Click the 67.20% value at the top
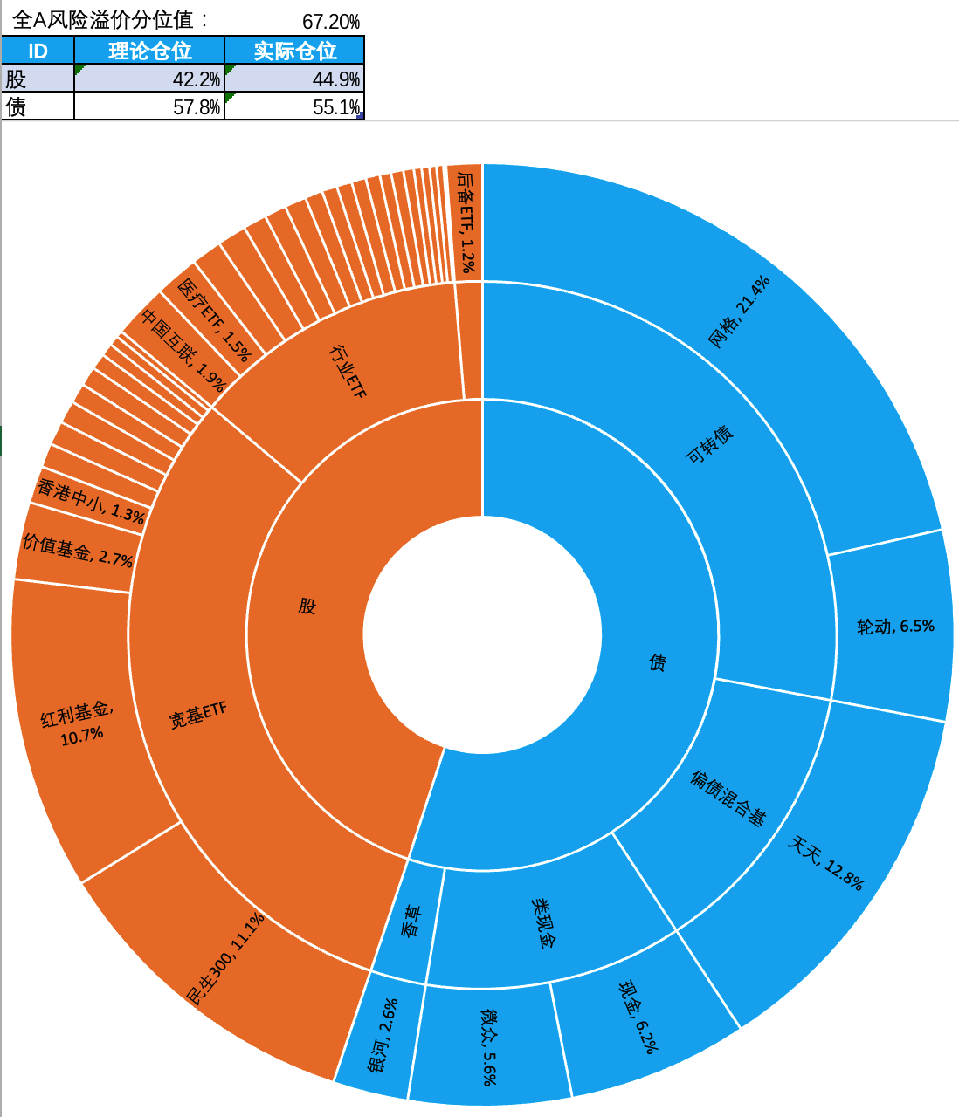pos(330,22)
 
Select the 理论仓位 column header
pos(149,51)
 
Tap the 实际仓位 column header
pos(294,51)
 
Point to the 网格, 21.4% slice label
pos(739,312)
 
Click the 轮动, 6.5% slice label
pos(895,626)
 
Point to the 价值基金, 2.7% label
pos(77,551)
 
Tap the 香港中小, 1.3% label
pos(91,500)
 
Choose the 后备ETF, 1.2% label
pos(468,223)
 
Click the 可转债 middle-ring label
pos(709,444)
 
